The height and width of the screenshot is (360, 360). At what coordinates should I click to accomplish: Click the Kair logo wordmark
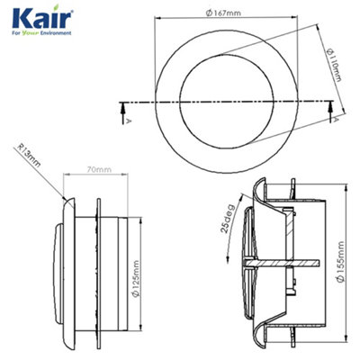[36, 18]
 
